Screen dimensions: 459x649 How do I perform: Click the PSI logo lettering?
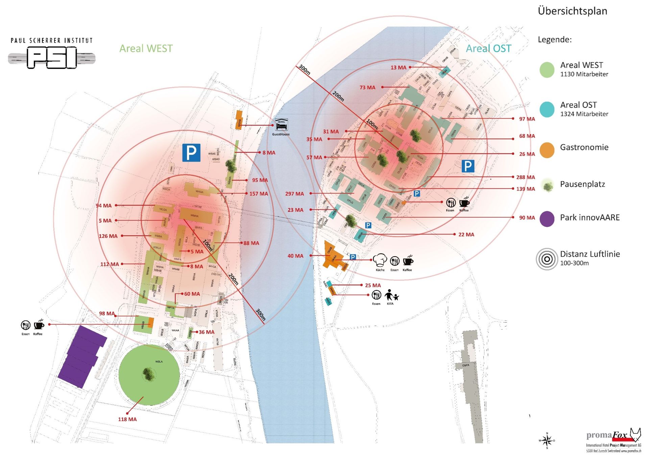pos(52,58)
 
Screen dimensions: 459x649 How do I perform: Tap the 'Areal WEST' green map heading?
pos(146,49)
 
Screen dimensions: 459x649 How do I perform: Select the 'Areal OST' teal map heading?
pos(488,49)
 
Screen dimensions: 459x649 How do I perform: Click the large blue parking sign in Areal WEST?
pos(191,153)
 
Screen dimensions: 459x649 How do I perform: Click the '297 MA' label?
pos(294,194)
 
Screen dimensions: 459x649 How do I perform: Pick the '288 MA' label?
pos(525,177)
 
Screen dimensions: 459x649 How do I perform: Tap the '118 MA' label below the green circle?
pos(127,419)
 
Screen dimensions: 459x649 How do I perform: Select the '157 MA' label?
pos(259,194)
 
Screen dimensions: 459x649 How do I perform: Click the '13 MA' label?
pos(398,68)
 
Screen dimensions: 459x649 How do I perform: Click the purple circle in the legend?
pos(547,219)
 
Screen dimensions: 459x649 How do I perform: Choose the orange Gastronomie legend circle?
pos(547,150)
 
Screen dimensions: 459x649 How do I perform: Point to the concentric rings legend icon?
pos(547,259)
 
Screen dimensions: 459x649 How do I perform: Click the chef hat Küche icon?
pos(380,260)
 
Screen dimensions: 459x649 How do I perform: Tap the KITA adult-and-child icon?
pos(391,295)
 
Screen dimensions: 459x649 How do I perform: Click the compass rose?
pos(547,440)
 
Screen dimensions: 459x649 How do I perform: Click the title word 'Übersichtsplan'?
pos(572,11)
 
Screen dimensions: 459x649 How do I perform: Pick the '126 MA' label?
pos(108,236)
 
